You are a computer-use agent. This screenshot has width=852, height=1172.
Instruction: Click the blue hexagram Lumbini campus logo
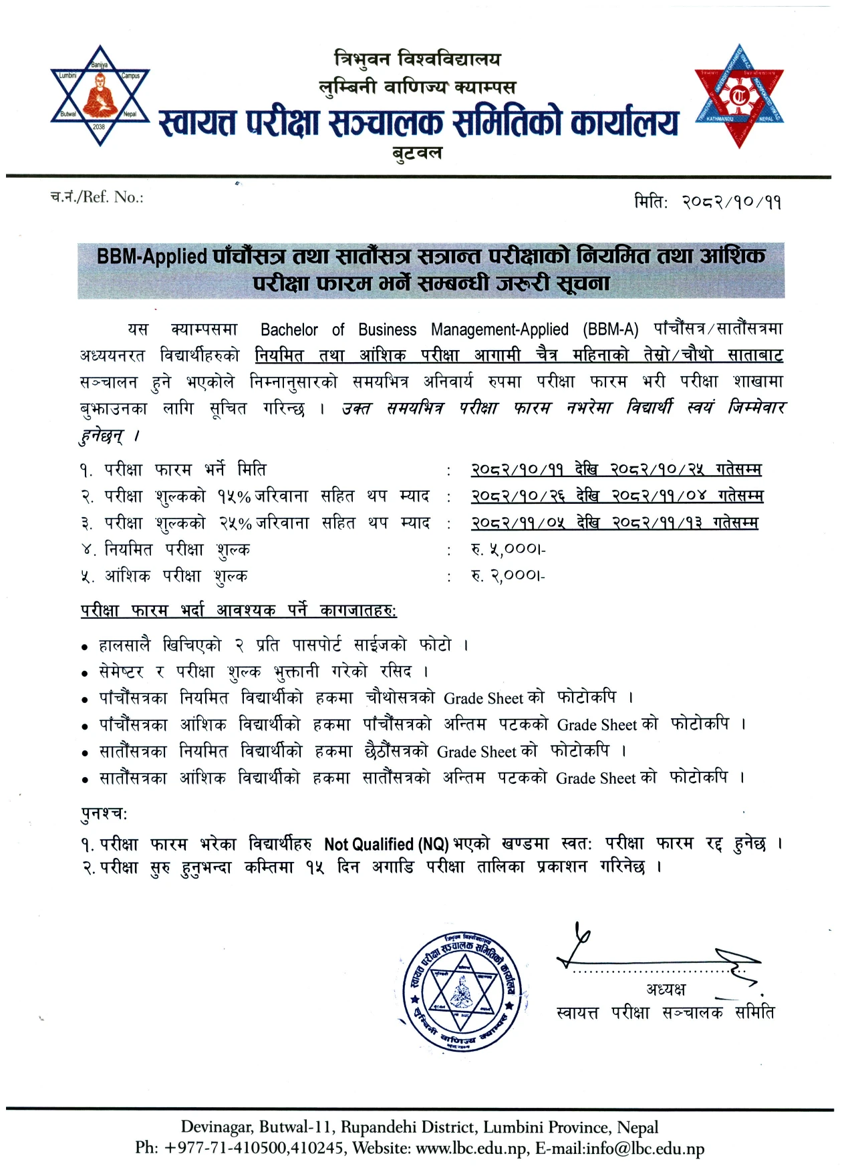click(x=100, y=95)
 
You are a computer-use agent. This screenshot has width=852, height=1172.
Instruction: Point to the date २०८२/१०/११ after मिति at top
click(x=731, y=202)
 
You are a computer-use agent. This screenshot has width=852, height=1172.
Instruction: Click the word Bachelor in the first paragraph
click(x=289, y=329)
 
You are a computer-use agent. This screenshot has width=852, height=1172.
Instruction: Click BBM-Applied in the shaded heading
click(x=152, y=257)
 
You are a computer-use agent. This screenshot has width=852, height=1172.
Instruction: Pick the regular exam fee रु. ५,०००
click(x=508, y=549)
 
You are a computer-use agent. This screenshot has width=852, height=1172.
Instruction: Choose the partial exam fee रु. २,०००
click(x=508, y=576)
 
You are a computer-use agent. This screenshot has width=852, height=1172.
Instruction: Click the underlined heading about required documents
click(x=239, y=611)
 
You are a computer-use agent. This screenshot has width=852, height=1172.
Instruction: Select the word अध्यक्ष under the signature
click(x=666, y=990)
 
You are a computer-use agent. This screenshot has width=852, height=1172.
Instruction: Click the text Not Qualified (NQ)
click(x=386, y=845)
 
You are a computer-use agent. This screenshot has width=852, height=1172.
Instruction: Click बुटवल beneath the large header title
click(x=417, y=153)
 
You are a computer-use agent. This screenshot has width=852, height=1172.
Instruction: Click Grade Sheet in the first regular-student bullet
click(x=484, y=699)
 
